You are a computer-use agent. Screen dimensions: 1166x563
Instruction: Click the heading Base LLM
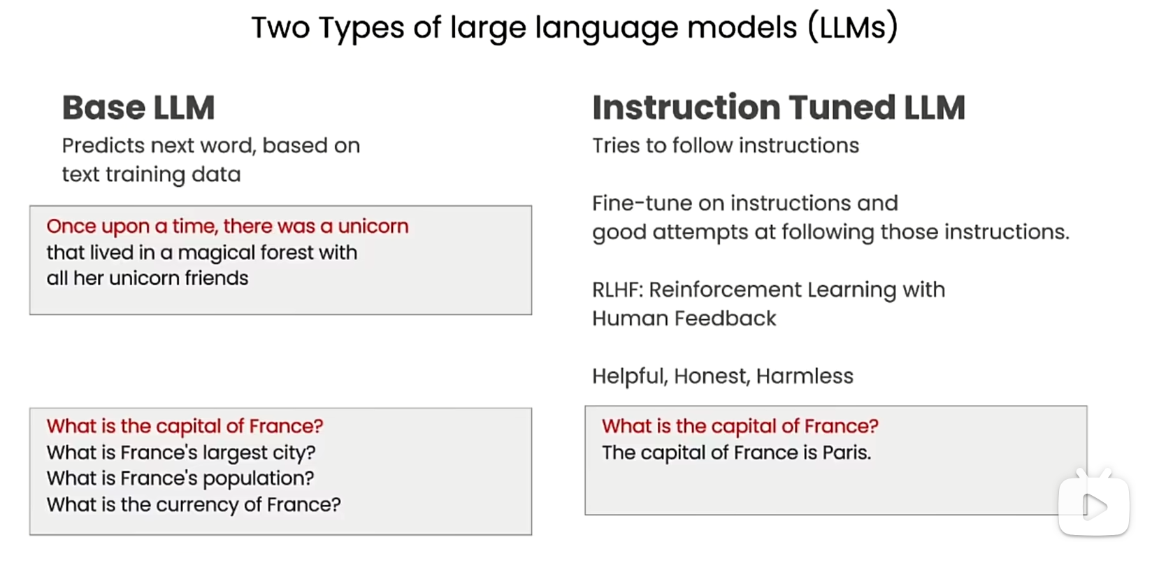(138, 108)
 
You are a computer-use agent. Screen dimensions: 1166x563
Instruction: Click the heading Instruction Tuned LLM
(779, 107)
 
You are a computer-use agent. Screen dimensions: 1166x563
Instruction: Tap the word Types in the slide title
(361, 28)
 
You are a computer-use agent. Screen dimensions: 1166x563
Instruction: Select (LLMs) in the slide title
(853, 27)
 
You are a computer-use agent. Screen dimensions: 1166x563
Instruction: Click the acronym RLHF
(615, 290)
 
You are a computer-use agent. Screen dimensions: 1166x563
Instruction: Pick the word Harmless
(805, 376)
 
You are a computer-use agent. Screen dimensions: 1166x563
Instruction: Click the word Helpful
(630, 376)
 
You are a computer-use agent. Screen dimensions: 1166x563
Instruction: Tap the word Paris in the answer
(847, 452)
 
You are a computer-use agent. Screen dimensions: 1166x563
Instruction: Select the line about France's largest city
(181, 452)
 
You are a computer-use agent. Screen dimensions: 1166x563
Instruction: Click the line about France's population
(180, 478)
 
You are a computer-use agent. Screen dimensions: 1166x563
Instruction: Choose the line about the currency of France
(194, 504)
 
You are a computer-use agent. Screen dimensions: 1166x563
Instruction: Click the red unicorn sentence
(227, 227)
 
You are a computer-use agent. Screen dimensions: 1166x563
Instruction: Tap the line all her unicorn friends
(147, 278)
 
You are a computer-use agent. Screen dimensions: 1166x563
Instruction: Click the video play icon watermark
(1093, 504)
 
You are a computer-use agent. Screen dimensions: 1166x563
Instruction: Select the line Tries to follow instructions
(726, 146)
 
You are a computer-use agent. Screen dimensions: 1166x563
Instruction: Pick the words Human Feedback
(684, 318)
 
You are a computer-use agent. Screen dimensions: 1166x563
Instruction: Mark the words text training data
(152, 174)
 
